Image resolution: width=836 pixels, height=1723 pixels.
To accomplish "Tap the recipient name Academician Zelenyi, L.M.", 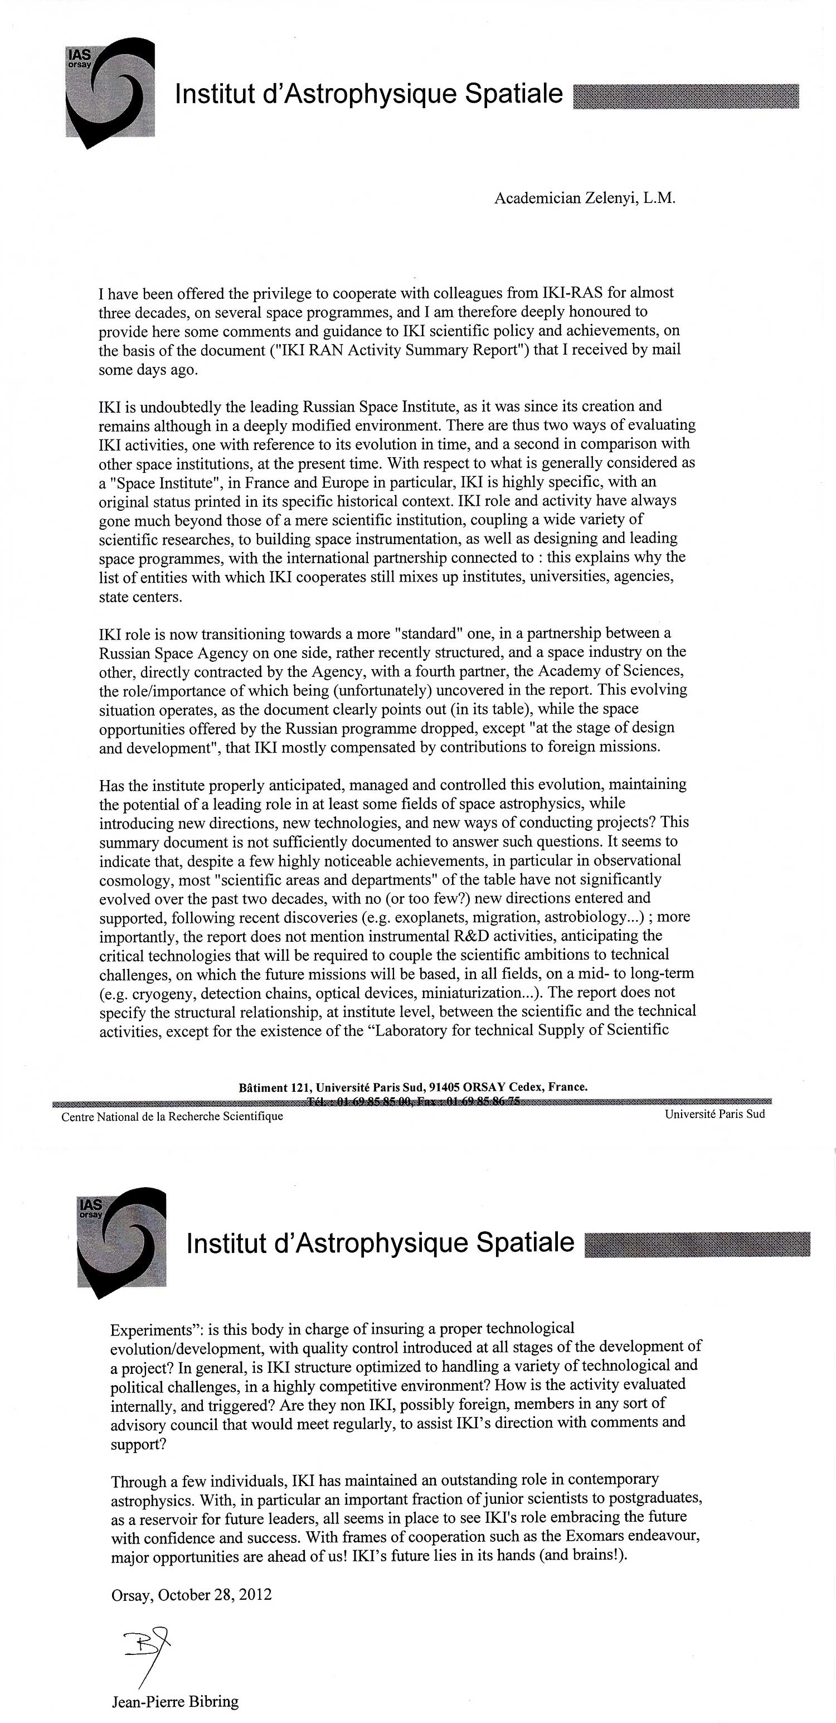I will click(585, 198).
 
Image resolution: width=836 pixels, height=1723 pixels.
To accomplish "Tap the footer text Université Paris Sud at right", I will click(715, 1114).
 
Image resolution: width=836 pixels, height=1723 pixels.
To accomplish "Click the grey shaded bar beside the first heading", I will click(686, 96).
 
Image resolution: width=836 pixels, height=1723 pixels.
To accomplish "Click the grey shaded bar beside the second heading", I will click(697, 1244).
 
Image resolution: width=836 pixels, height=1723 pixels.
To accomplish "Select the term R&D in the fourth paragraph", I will click(441, 935).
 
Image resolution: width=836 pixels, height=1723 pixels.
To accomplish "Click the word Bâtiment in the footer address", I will click(263, 1087).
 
